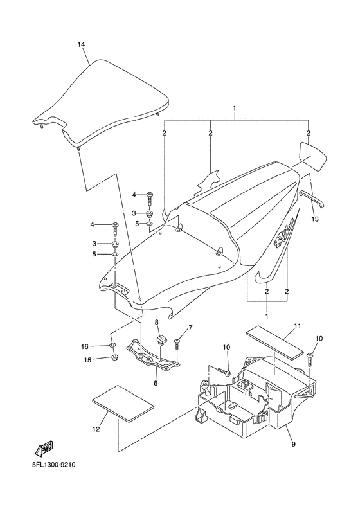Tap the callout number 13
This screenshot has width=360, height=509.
coord(314,219)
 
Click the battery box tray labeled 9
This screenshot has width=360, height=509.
coord(257,405)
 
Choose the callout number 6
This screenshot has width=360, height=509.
coord(156,383)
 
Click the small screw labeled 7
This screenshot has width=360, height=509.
coord(177,344)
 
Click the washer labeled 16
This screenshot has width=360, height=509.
coord(114,347)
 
